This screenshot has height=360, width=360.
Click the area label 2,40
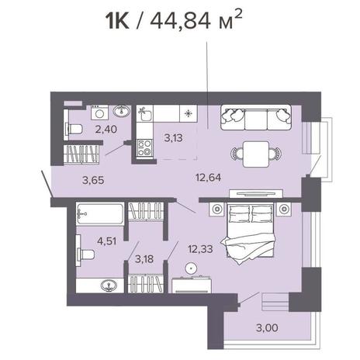click(x=106, y=129)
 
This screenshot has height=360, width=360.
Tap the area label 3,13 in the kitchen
click(x=173, y=138)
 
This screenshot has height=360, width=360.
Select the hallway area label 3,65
click(x=93, y=180)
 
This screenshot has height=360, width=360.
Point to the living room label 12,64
click(x=208, y=178)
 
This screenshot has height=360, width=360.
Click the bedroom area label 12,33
click(x=200, y=249)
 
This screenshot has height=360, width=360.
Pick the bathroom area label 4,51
click(x=106, y=241)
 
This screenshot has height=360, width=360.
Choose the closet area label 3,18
click(x=144, y=258)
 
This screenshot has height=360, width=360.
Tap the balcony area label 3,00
click(x=267, y=327)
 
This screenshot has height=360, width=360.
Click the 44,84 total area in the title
click(x=180, y=21)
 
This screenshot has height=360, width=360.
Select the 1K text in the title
click(x=117, y=21)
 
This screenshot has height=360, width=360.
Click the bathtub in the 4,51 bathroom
click(x=100, y=214)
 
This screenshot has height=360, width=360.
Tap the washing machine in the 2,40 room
click(x=100, y=112)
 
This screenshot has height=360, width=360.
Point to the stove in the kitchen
click(x=144, y=147)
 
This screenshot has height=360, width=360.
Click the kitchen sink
click(x=145, y=114)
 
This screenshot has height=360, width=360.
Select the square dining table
click(x=256, y=154)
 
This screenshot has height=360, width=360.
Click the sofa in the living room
click(x=256, y=117)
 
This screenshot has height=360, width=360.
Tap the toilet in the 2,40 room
click(x=74, y=129)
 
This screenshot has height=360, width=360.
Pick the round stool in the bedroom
click(x=191, y=268)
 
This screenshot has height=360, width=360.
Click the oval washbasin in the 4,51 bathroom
click(x=109, y=286)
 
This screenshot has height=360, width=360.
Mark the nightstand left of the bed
click(x=216, y=209)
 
